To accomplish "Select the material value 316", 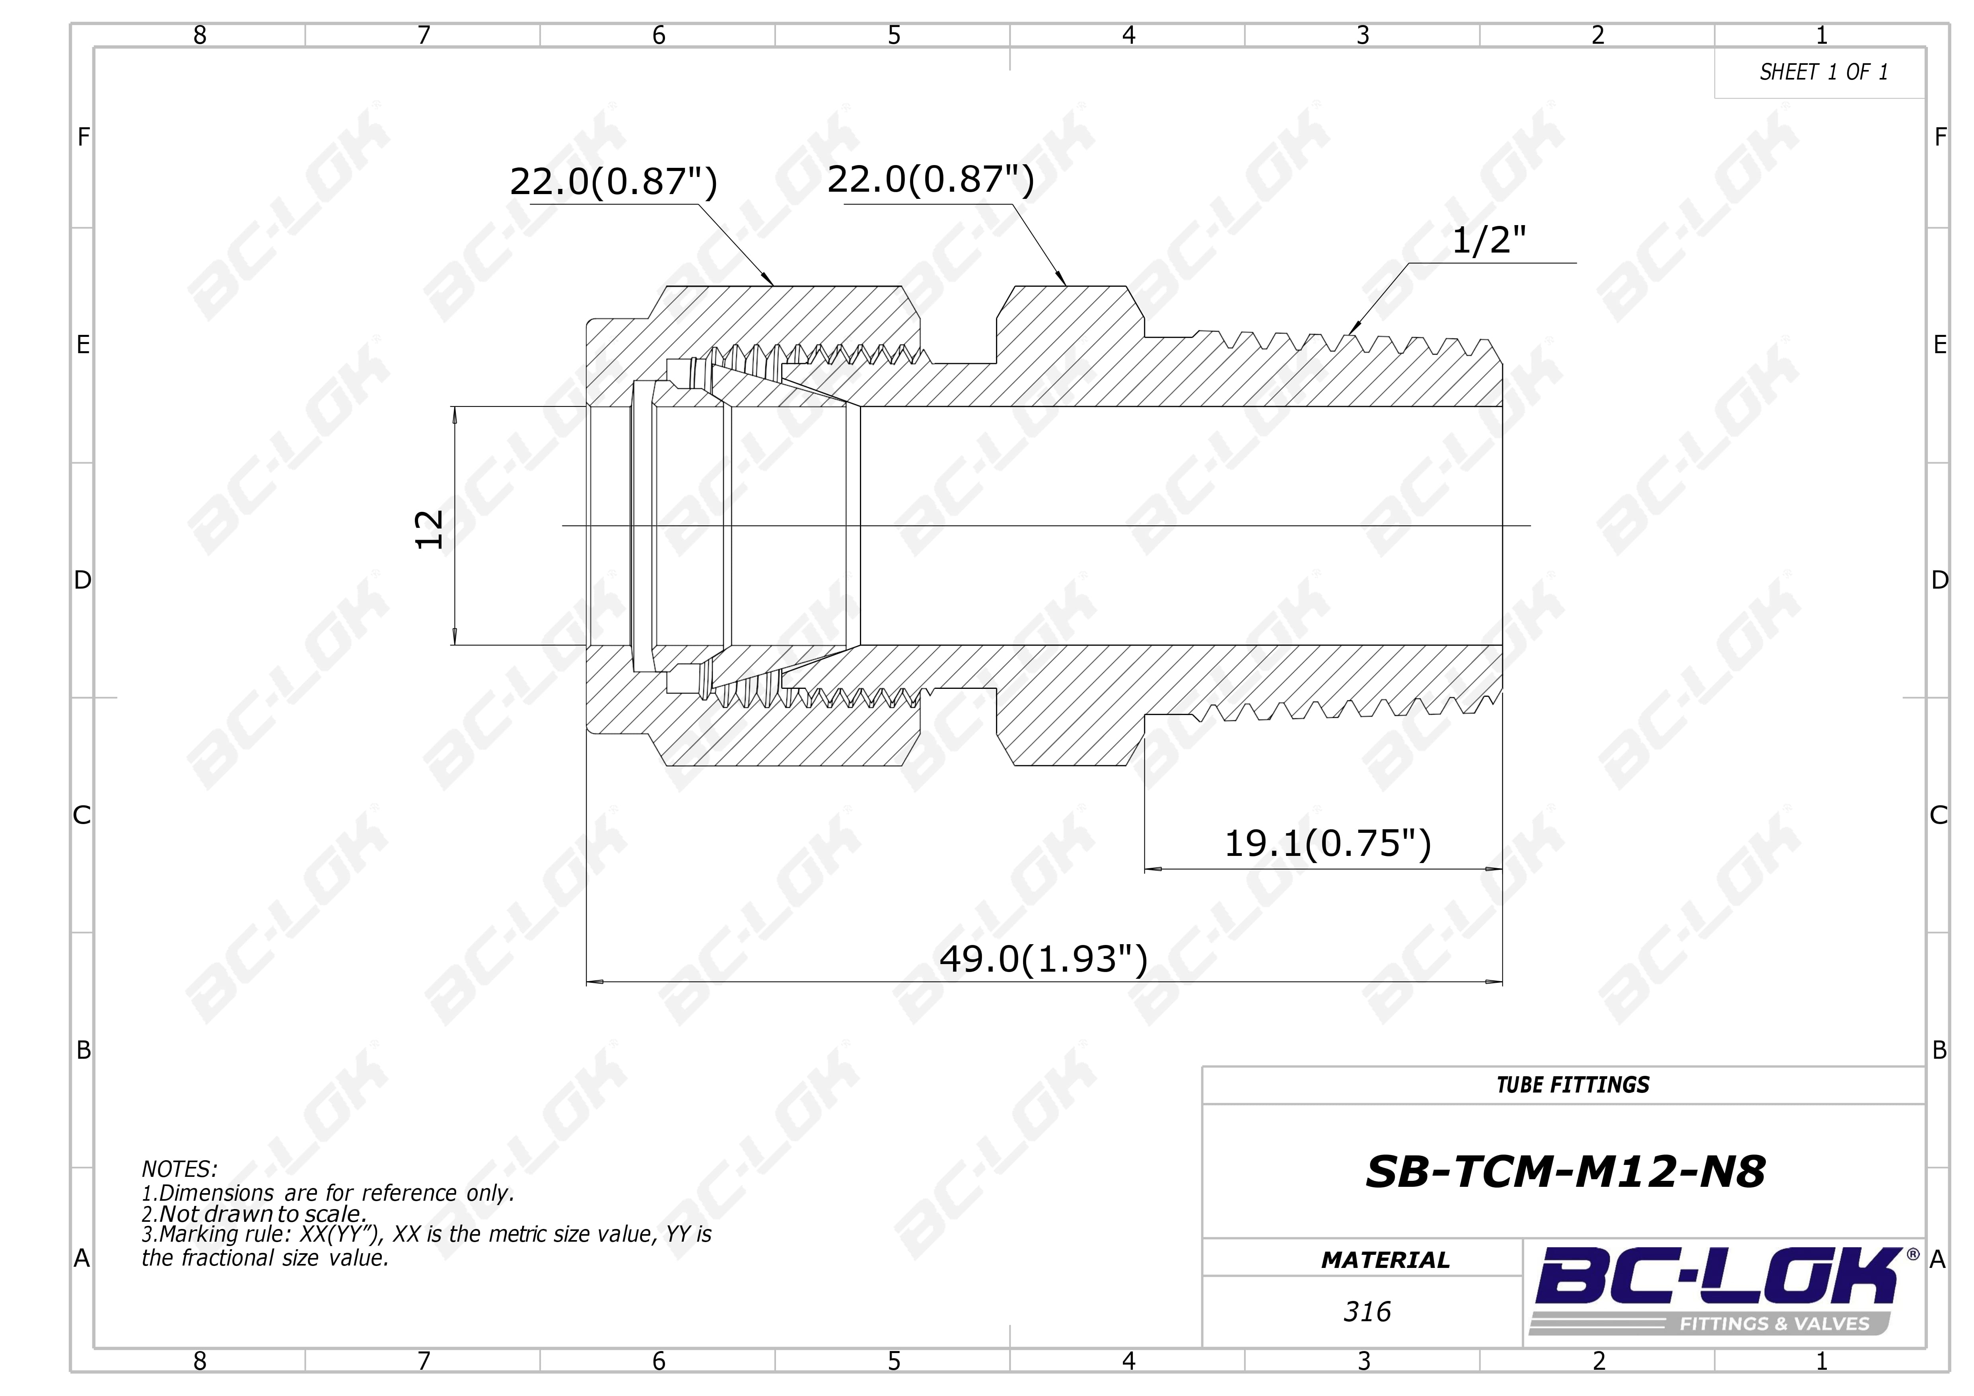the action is pos(1367,1312).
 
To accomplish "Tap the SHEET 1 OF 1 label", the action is pos(1824,72).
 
